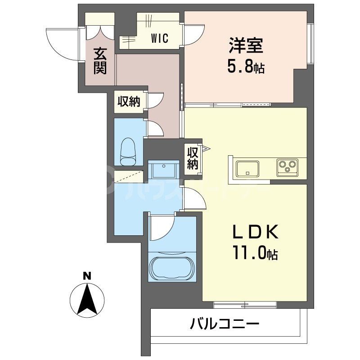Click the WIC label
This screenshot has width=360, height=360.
point(160,38)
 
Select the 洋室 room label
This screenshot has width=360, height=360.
point(245,47)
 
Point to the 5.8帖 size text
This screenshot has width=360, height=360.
point(245,68)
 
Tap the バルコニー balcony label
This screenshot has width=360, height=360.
point(224,324)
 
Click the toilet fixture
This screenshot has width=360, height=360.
point(129,153)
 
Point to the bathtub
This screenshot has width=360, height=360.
point(173,268)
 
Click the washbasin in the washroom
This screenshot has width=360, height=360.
point(162,171)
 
